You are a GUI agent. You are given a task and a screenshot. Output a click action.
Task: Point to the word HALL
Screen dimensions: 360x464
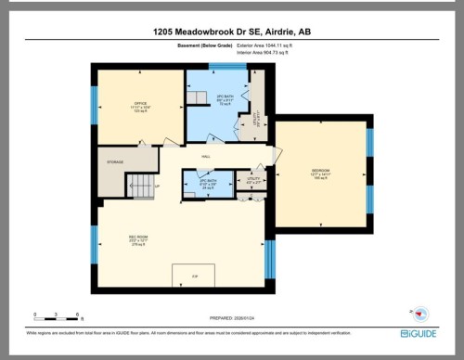click(x=206, y=157)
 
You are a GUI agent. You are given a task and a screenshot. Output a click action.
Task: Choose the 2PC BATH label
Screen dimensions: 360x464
click(x=210, y=181)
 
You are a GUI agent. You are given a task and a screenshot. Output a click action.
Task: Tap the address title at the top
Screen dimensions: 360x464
click(x=231, y=31)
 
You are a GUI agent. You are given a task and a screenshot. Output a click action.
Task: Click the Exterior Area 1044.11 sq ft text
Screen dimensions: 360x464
click(x=265, y=45)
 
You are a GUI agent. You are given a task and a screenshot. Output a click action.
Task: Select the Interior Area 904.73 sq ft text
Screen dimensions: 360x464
click(x=264, y=53)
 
